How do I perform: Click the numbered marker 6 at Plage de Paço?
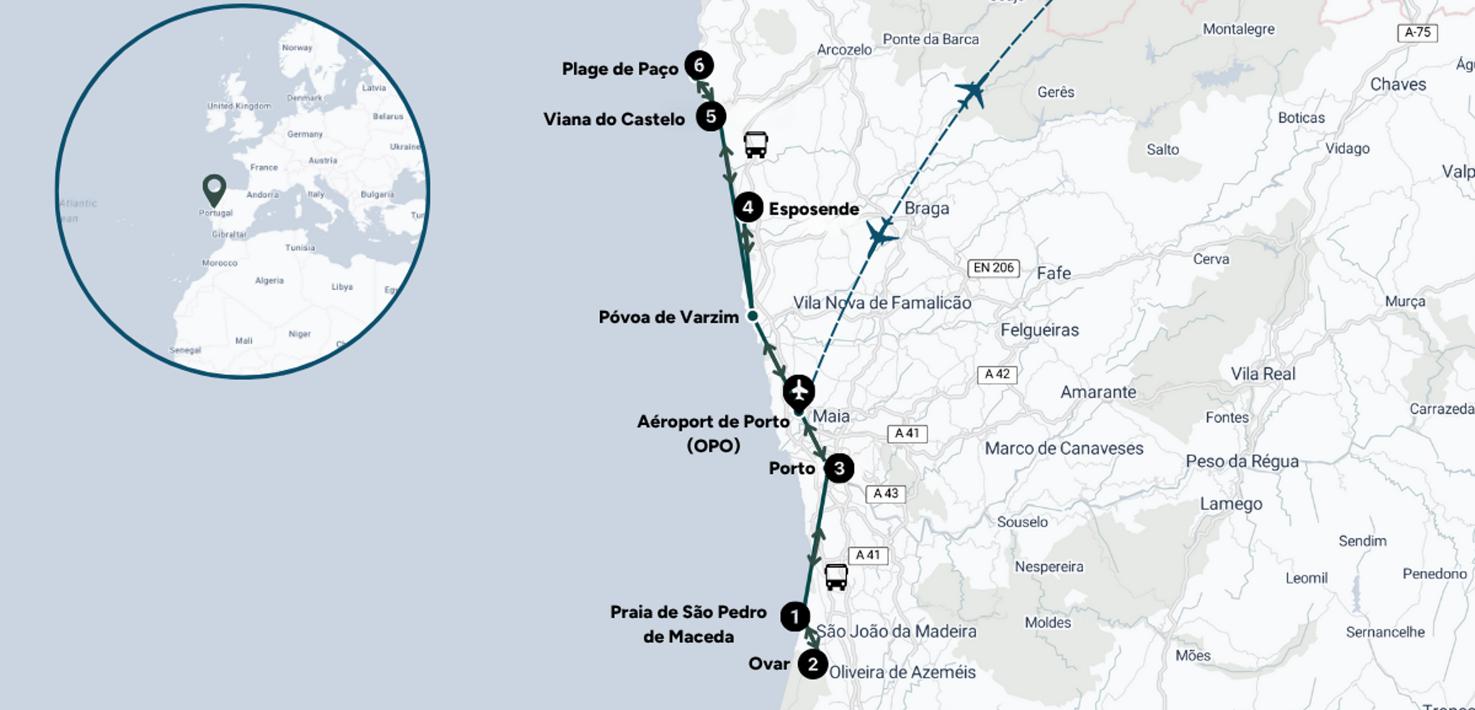click(699, 66)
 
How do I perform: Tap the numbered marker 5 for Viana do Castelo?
click(710, 117)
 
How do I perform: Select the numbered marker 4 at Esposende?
click(748, 208)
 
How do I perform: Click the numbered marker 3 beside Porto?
click(838, 469)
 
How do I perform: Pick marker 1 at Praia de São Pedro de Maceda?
click(794, 617)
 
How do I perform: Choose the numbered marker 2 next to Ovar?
click(812, 664)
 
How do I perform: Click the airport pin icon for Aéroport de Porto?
click(799, 392)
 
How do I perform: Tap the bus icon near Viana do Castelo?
click(756, 145)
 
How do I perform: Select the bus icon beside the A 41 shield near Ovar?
click(835, 577)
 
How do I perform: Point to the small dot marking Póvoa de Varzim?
click(753, 316)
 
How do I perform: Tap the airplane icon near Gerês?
click(972, 91)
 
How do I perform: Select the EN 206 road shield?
click(993, 268)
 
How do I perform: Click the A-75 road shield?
click(1417, 32)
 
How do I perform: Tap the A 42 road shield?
click(997, 374)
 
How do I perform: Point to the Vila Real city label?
click(1263, 374)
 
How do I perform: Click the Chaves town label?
click(1397, 84)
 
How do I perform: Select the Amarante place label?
click(1098, 392)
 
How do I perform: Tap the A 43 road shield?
click(885, 494)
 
